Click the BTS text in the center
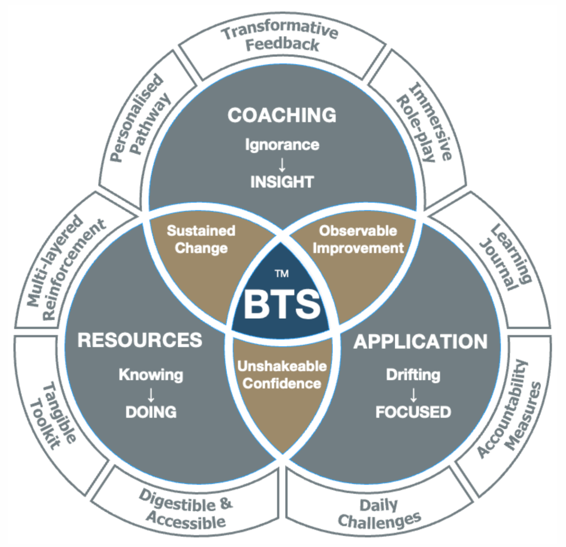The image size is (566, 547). click(x=282, y=304)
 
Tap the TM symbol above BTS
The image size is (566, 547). click(x=282, y=273)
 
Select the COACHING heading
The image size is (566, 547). click(x=282, y=115)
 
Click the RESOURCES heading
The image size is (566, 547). click(x=140, y=340)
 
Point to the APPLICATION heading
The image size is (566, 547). click(x=420, y=341)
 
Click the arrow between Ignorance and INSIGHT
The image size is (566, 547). click(x=282, y=164)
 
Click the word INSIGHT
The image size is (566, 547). click(x=282, y=182)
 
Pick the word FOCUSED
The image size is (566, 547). click(x=413, y=412)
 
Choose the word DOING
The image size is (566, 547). click(x=151, y=412)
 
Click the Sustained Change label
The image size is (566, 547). click(x=201, y=239)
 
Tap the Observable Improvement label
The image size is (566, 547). click(x=358, y=239)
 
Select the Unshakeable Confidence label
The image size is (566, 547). click(x=282, y=375)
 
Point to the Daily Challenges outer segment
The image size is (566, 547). click(x=379, y=514)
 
